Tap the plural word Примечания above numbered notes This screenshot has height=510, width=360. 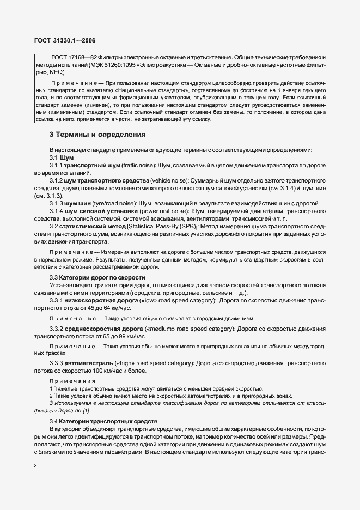coord(72,381)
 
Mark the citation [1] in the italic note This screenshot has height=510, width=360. coord(84,409)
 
